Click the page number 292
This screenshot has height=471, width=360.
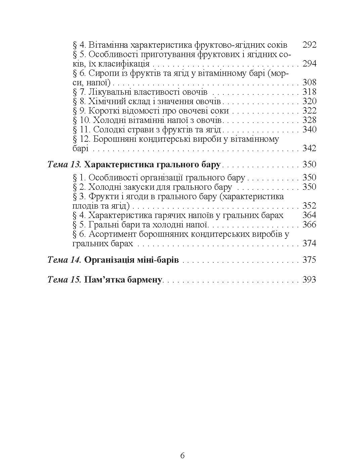(x=309, y=45)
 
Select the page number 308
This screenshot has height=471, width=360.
(x=309, y=83)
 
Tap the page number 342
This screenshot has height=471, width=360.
(x=309, y=148)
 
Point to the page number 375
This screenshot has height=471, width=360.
(x=309, y=260)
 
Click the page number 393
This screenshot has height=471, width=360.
(x=309, y=280)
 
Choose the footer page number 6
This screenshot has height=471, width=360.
(x=182, y=456)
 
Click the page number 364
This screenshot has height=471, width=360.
(x=309, y=215)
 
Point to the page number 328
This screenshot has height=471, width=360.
(x=309, y=120)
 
